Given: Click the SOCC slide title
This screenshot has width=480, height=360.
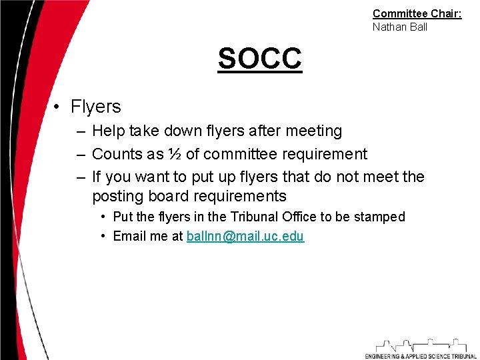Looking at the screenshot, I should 259,59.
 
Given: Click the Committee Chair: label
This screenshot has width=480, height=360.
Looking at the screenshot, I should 417,13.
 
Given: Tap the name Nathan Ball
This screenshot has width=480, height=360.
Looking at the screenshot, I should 399,27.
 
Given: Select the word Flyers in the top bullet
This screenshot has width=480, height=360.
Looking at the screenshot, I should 95,107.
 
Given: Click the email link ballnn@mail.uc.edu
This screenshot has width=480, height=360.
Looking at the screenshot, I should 245,237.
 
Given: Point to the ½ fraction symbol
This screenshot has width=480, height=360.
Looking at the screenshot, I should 174,155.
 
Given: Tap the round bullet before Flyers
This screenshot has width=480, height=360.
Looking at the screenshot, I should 59,107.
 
